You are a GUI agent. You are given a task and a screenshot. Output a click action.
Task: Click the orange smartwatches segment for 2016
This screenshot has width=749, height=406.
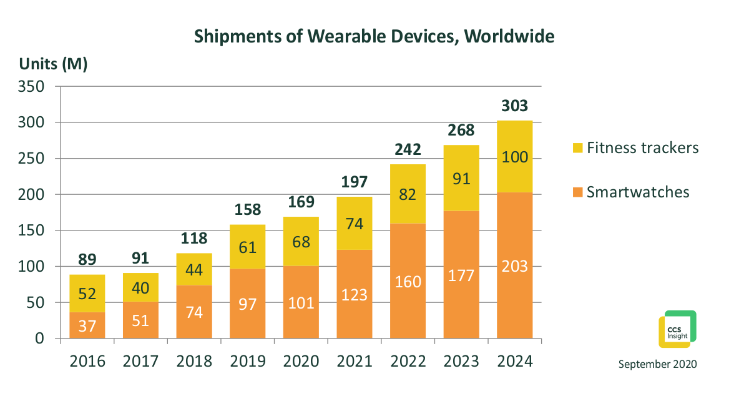pos(87,325)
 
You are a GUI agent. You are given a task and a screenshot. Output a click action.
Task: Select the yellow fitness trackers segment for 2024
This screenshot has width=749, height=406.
pos(515,156)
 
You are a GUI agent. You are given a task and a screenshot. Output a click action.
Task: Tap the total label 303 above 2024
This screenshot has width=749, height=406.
pos(515,107)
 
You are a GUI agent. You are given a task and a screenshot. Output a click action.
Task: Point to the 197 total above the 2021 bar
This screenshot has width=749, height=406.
pos(355,182)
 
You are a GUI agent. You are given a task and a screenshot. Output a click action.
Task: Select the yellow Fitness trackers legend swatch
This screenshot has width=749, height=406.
pos(577,148)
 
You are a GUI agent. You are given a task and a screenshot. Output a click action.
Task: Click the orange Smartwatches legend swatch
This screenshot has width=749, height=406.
pos(577,192)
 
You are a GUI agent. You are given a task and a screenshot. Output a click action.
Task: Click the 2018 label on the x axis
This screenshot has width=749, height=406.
pos(194,361)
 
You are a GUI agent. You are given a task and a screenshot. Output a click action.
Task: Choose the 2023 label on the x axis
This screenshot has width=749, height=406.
pos(461,361)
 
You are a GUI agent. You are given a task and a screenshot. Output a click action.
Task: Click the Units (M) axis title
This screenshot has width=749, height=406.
pos(53,64)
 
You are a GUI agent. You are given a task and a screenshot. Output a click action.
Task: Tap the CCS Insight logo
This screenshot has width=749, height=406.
pos(677,329)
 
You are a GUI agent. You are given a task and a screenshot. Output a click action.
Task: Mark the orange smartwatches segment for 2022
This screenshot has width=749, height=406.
pos(408,281)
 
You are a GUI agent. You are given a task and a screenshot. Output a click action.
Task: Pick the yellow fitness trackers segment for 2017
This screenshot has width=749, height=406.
pos(140,287)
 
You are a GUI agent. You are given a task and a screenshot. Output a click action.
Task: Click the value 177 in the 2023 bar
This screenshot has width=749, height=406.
pos(461,275)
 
